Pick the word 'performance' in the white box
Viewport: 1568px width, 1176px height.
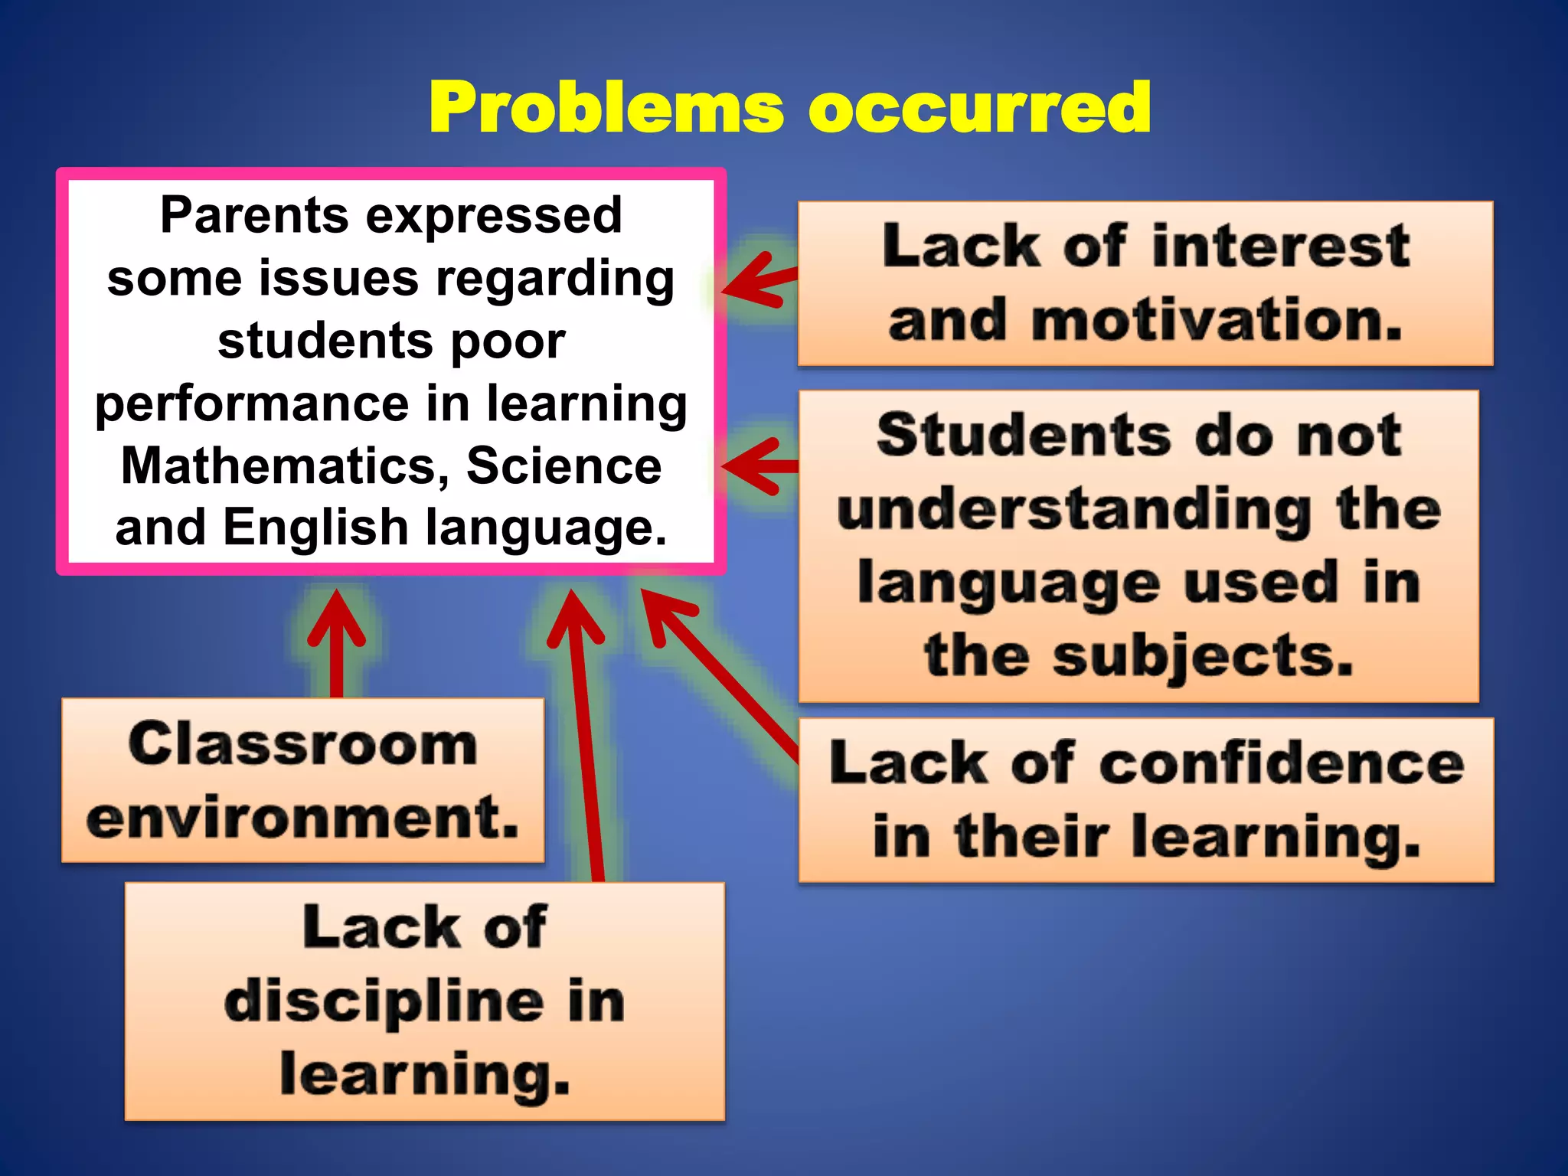253,403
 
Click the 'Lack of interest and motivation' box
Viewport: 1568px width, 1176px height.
1145,283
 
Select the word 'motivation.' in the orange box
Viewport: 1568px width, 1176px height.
1217,320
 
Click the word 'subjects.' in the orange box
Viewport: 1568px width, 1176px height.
1202,656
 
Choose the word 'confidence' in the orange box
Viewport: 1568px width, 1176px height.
1282,764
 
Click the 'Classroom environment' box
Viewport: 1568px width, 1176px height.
302,779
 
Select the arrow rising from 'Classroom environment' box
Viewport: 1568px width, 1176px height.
336,643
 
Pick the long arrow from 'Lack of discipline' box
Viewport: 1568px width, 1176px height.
585,735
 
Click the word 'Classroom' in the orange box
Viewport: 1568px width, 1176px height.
302,744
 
